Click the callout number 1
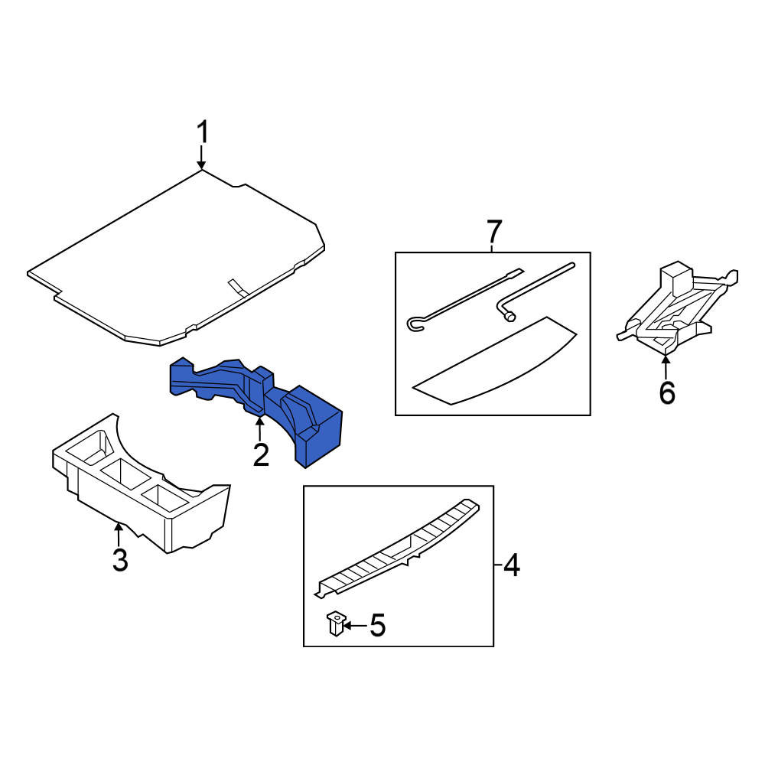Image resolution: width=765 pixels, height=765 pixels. pos(203,132)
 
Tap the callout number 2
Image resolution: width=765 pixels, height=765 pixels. pos(261,454)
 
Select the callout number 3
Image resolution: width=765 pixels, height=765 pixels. pos(120,560)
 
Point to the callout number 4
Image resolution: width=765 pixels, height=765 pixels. pos(511,565)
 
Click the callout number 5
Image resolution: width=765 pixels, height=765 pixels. pos(377,625)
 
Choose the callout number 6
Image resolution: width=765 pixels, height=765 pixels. pos(667,392)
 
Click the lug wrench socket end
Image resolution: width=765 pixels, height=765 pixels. pos(509,317)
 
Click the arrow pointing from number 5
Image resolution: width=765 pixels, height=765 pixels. pos(355,625)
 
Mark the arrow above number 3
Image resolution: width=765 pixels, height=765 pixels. pos(118,534)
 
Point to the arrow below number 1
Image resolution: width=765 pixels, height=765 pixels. pos(201,157)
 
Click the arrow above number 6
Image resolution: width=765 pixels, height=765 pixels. pos(666,367)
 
